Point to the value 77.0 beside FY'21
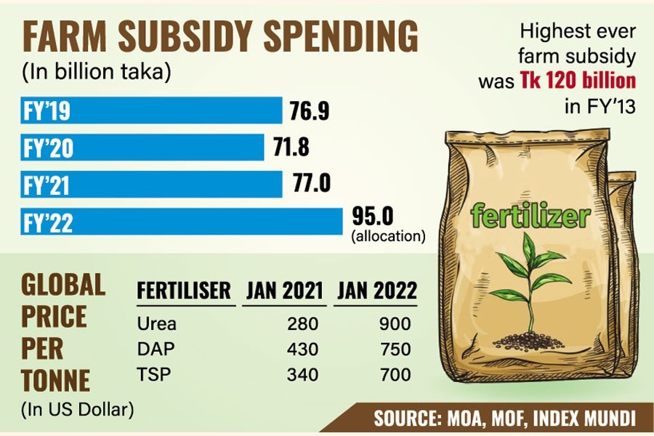click(x=312, y=183)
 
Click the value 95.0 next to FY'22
click(x=373, y=216)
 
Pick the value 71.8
click(x=290, y=148)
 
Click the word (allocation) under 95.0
click(x=388, y=236)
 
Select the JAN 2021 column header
click(x=284, y=291)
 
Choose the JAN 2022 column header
click(x=376, y=291)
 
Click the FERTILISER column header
click(x=184, y=291)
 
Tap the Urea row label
click(x=156, y=324)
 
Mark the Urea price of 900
click(x=396, y=324)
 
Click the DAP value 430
click(x=302, y=350)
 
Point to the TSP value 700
click(x=396, y=375)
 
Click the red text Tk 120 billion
click(x=578, y=80)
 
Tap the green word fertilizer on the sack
click(x=530, y=215)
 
